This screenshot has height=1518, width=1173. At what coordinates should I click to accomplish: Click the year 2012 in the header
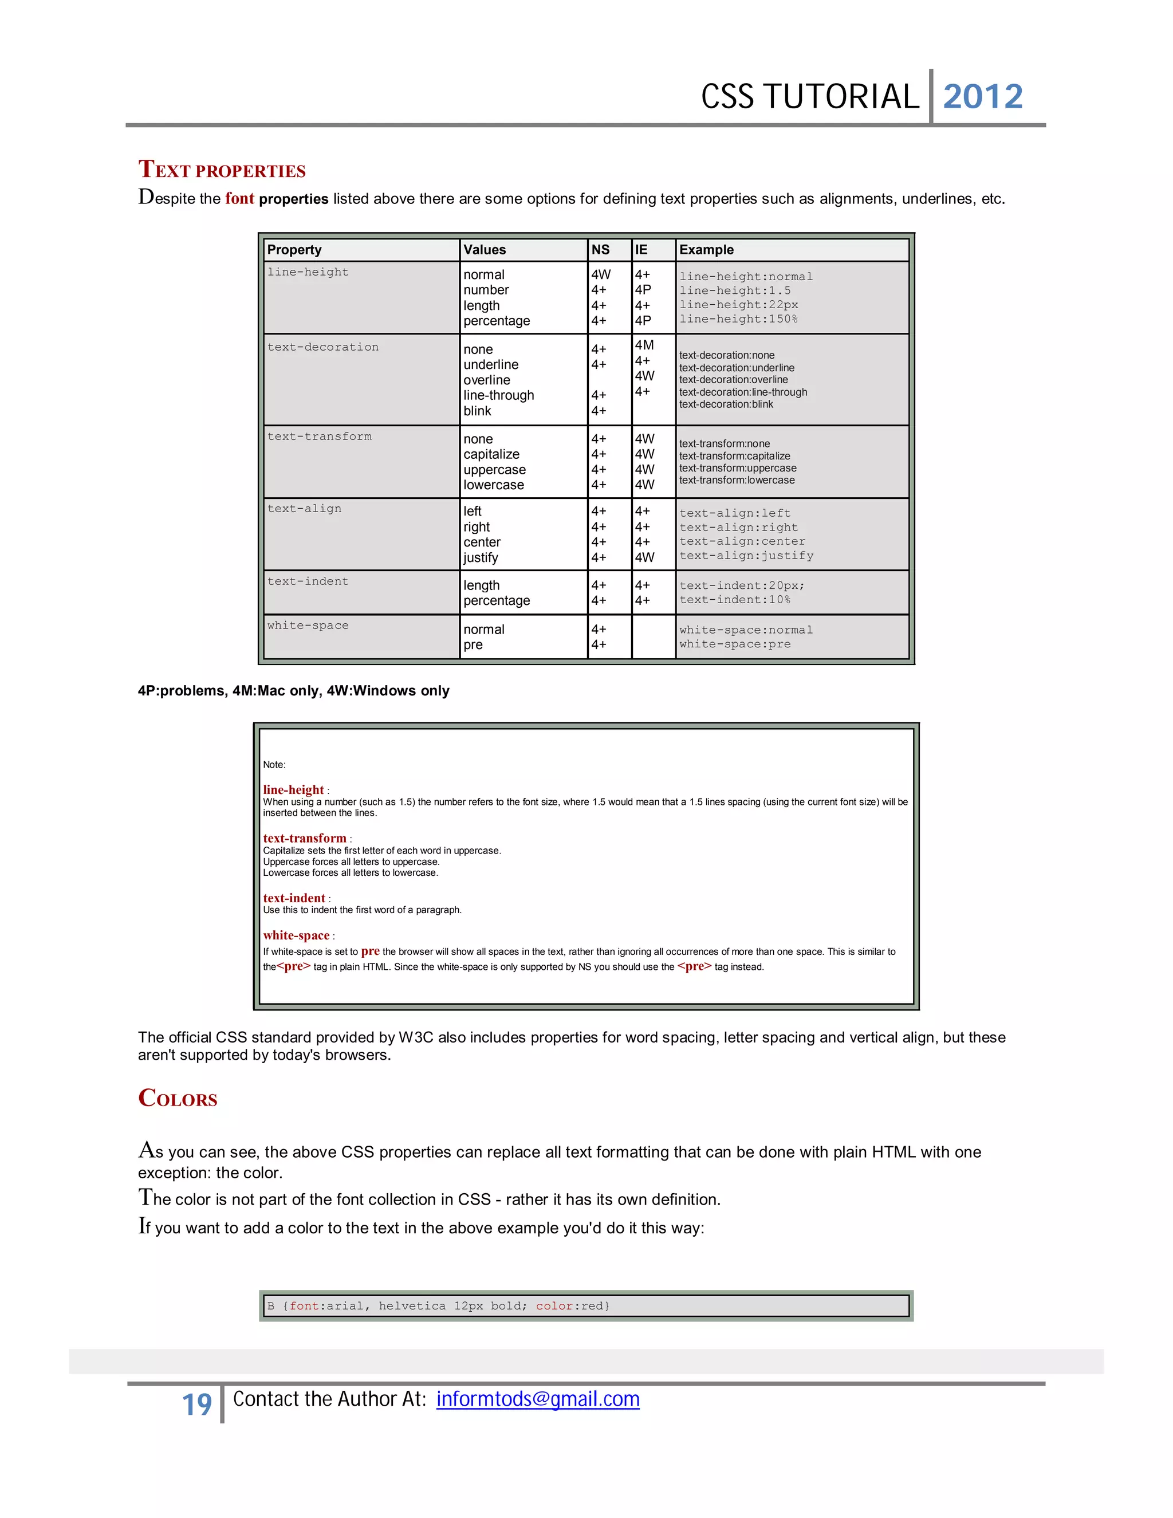983,97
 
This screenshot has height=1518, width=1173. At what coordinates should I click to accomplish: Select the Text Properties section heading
222,170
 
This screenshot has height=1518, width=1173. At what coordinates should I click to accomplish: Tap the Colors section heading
178,1098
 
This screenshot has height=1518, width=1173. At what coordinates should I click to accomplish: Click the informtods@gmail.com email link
537,1399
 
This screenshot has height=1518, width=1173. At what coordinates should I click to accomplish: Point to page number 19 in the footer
196,1405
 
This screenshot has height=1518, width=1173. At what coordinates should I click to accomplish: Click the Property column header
294,250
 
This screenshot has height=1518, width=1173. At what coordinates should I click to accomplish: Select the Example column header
706,250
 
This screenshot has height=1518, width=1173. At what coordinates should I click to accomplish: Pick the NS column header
600,250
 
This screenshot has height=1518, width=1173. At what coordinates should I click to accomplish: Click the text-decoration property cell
323,347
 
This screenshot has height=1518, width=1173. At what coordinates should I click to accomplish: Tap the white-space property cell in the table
308,626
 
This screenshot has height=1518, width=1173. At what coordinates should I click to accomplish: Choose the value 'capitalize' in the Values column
491,455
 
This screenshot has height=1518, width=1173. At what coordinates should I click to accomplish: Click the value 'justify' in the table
481,557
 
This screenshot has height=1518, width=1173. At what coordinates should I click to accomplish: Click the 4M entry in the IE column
644,345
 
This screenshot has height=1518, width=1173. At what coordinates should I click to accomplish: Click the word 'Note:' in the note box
274,765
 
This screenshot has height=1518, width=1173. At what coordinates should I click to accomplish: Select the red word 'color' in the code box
554,1306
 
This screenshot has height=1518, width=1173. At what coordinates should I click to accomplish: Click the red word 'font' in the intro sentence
240,199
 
